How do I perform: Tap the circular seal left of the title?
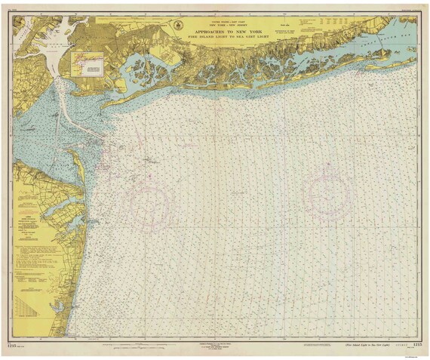pyautogui.click(x=179, y=25)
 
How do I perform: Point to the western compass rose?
pyautogui.click(x=149, y=202)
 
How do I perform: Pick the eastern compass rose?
pyautogui.click(x=327, y=194)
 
